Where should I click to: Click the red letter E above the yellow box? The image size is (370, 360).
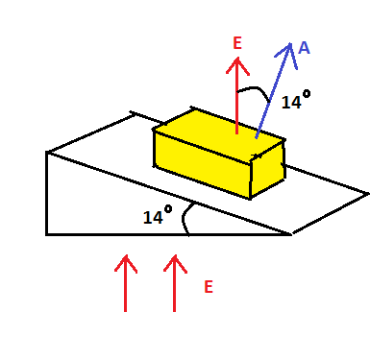pos(238,43)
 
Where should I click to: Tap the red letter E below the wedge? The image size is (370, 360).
pos(209,286)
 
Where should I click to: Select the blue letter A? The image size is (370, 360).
pos(304,47)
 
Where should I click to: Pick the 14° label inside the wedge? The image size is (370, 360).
pos(157,218)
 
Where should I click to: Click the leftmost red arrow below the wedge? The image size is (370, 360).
pos(125,282)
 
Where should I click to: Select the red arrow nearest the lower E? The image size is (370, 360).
pos(174,282)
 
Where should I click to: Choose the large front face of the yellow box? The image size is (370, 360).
pos(201,162)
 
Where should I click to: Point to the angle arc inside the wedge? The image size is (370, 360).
pos(190,218)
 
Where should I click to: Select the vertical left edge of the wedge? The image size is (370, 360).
pos(46,192)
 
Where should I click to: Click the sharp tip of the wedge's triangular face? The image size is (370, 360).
pos(290,233)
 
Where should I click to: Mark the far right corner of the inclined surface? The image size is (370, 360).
pos(366,194)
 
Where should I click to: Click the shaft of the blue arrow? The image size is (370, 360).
pos(273,96)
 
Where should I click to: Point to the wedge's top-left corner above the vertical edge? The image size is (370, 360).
pos(47,152)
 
